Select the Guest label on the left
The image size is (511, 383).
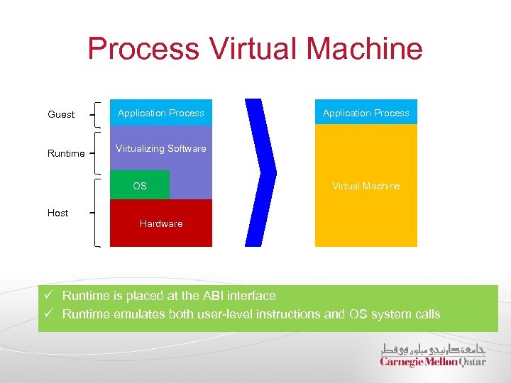[61, 114]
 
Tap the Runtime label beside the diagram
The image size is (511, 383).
[66, 153]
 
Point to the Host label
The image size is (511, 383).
[57, 213]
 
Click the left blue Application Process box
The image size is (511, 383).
[161, 113]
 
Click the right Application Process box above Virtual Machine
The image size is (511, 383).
[366, 113]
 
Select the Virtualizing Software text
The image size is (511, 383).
[161, 148]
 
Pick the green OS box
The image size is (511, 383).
[140, 186]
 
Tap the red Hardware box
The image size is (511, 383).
[161, 223]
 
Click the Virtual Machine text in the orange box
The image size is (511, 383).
[366, 186]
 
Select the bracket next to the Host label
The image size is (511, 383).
[95, 212]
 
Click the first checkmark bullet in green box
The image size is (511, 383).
[48, 296]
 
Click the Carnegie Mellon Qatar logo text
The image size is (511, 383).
[433, 362]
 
